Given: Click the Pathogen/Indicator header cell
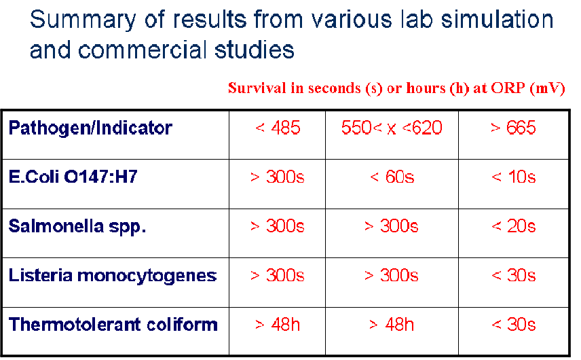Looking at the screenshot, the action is pos(90,128).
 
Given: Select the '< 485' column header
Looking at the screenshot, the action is pos(278,128).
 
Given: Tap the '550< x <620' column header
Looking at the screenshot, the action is pos(392,128).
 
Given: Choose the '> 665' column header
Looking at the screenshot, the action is pos(513,128).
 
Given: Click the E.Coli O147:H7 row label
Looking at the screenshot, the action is pos(73,177).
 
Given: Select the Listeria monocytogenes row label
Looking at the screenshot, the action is pos(112,276).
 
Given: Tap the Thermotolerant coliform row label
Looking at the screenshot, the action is pos(113,325).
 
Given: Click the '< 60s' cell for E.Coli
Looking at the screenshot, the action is pos(392,177).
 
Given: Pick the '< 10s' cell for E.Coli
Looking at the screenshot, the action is pos(514,177).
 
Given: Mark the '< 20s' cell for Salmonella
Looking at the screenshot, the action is pos(514,226).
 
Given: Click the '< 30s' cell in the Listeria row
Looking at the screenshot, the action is pos(514,276).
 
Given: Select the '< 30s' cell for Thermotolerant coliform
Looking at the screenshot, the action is pos(514,325).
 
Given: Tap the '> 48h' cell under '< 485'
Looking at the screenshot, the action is pos(278,325).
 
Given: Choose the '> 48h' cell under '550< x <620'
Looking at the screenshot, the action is pos(392,325).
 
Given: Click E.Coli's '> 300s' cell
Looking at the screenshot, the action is pos(278,177).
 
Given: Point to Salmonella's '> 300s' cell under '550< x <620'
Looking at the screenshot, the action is pos(392,226).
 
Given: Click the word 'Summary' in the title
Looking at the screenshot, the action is pos(83,20).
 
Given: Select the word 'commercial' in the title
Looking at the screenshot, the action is pos(142,50).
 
